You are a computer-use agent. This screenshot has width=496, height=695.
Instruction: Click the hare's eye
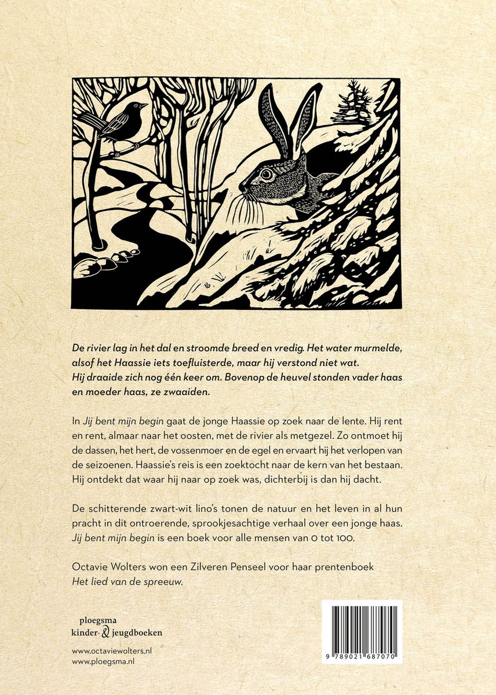pyautogui.click(x=266, y=173)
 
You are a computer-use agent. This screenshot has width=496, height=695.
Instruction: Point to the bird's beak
pyautogui.click(x=145, y=105)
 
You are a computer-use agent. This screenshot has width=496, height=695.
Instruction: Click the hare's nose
pyautogui.click(x=242, y=186)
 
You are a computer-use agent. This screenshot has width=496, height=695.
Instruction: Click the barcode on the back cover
pyautogui.click(x=362, y=627)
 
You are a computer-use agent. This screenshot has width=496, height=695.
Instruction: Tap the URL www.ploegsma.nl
pyautogui.click(x=100, y=661)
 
